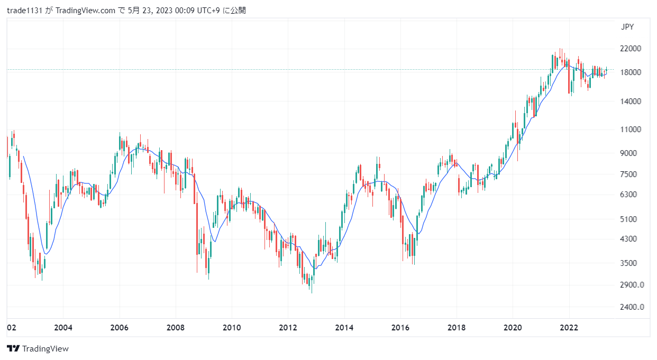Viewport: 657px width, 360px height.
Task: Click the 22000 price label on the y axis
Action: [631, 49]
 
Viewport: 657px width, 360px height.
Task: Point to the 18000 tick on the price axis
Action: [631, 72]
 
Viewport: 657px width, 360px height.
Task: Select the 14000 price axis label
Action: [631, 101]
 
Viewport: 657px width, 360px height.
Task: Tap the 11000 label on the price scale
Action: [631, 129]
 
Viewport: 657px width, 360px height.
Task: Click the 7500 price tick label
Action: [629, 174]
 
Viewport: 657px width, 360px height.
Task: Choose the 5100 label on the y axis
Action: [629, 219]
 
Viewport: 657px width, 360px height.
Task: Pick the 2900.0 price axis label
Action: [632, 285]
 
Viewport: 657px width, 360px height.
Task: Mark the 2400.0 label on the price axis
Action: [632, 307]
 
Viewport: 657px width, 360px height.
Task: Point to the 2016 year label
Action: [400, 328]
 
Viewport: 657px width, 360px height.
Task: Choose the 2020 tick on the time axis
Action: [513, 328]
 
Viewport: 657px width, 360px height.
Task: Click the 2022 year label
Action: [569, 328]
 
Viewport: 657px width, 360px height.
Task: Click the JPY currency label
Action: [627, 27]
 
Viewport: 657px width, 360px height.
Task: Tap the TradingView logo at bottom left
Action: [38, 348]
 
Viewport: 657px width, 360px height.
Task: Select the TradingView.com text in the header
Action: [85, 11]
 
